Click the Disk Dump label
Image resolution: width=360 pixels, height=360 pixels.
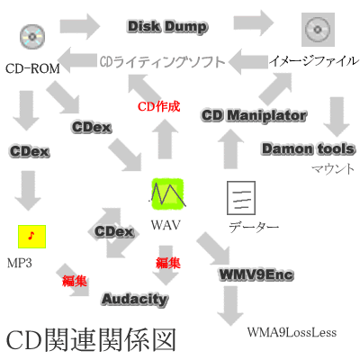click(167, 27)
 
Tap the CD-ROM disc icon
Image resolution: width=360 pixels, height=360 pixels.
click(32, 37)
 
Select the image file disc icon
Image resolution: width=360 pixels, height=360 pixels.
click(318, 30)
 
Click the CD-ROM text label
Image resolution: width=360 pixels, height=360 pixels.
click(32, 68)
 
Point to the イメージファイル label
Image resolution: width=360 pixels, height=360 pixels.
click(314, 61)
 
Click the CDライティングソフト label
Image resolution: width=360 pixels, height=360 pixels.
click(162, 62)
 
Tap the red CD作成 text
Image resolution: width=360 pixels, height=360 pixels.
click(159, 106)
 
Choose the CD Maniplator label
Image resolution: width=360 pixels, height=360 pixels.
click(254, 116)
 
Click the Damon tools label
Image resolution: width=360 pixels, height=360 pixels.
click(309, 148)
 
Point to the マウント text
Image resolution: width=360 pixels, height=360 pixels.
click(333, 169)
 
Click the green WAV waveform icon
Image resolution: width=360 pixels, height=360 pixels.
click(167, 193)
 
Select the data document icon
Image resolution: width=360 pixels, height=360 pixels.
click(241, 198)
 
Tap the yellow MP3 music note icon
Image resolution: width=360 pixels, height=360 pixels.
click(31, 237)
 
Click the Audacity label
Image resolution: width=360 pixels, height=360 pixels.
click(135, 299)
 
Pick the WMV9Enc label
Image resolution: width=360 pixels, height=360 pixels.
click(256, 274)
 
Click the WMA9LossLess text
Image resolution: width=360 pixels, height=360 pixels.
click(292, 332)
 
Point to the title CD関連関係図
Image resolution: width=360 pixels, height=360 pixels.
click(91, 340)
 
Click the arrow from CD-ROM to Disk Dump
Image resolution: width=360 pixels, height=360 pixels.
click(79, 26)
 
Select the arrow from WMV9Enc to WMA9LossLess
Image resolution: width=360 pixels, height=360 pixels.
click(230, 305)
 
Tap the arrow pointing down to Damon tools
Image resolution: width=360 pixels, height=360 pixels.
click(337, 117)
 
